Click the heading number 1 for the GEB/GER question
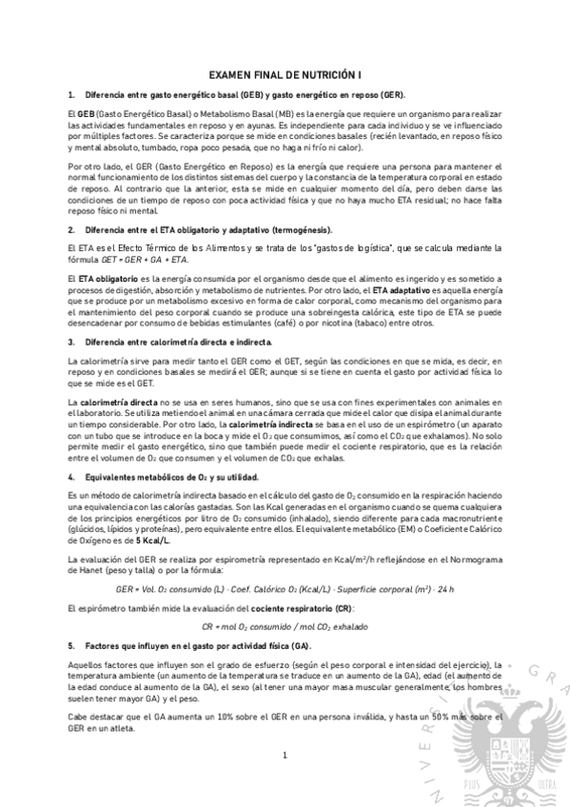coord(71,95)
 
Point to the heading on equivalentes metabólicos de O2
coord(174,476)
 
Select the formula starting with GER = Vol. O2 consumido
coord(284,589)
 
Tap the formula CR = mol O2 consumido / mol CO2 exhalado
coord(284,626)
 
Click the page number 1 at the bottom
coord(284,756)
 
